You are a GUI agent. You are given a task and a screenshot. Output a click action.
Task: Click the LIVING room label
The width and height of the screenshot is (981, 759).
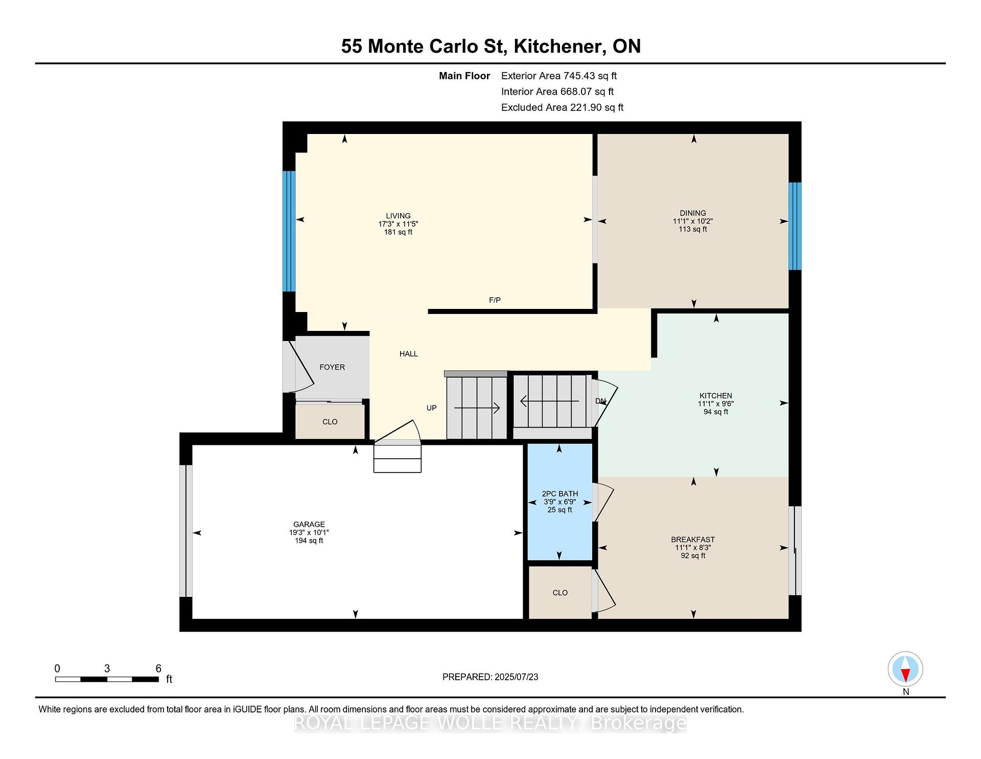pos(398,216)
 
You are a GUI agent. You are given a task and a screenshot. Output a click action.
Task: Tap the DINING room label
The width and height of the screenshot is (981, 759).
pos(693,213)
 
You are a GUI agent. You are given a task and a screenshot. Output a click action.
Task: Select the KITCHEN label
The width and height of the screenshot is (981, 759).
pos(716,395)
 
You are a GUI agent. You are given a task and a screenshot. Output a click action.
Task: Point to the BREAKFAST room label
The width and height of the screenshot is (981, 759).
pos(693,540)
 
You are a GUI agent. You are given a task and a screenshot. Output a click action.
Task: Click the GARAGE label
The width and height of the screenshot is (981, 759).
pos(309,524)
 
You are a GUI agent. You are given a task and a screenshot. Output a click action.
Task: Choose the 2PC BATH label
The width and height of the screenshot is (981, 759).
pos(560,494)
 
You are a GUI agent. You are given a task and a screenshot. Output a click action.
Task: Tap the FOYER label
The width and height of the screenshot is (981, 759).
pos(332,367)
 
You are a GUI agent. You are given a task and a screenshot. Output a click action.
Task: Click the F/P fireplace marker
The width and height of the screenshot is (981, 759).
pos(495,300)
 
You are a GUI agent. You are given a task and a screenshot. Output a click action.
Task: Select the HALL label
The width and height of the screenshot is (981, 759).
pos(409,354)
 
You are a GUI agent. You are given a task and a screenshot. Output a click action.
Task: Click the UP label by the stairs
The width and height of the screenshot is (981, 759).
pos(432,408)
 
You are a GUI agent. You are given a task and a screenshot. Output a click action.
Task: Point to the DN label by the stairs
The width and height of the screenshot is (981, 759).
pos(600,401)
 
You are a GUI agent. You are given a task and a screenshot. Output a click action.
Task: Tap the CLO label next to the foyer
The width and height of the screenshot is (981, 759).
pos(330,422)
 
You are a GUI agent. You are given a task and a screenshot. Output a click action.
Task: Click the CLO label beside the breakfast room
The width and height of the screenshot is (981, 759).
pos(560,593)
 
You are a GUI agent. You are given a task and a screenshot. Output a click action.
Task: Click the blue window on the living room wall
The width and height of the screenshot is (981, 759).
pos(289,231)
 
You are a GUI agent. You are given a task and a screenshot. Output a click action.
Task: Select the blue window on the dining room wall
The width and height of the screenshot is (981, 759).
pos(795,226)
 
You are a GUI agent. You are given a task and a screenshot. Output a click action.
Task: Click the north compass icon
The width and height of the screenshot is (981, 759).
pos(905,669)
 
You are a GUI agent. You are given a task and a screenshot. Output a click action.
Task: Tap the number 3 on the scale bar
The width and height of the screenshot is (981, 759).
pos(107,668)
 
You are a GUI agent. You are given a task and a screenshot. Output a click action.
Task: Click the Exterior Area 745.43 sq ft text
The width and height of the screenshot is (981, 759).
pos(559,76)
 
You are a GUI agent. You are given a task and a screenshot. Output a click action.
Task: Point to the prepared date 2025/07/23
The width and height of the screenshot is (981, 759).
pos(516,677)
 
